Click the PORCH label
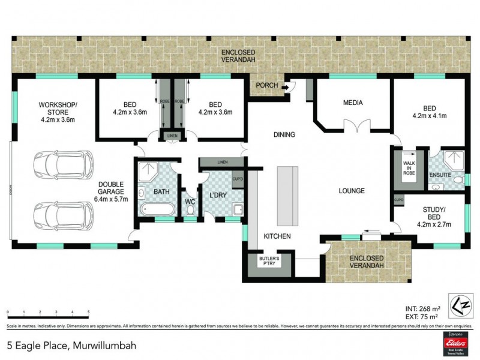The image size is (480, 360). click(x=266, y=85)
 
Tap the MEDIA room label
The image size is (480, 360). click(x=353, y=103)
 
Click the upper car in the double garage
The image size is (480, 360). click(x=62, y=163)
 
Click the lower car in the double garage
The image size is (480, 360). click(x=62, y=214)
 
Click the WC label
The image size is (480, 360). click(x=190, y=202)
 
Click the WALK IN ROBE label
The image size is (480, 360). click(x=410, y=168)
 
